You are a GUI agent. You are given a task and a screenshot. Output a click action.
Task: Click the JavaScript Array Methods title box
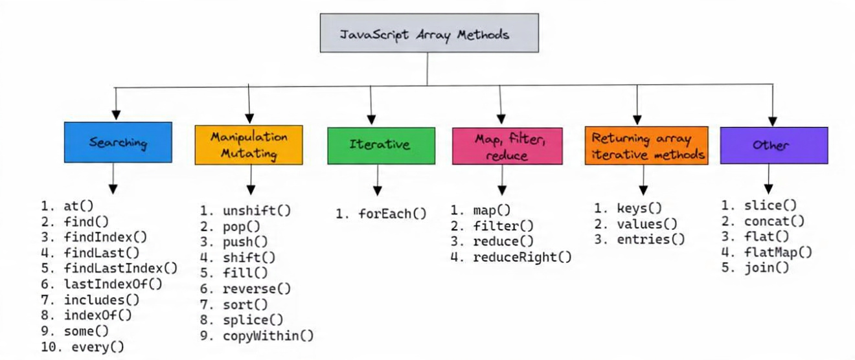click(428, 33)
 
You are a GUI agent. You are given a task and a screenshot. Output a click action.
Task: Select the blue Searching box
click(118, 142)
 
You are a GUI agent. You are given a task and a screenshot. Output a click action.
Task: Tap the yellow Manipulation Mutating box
click(249, 145)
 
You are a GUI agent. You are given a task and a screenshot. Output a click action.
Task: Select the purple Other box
click(773, 145)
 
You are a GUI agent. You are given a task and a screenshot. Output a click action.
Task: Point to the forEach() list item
click(391, 213)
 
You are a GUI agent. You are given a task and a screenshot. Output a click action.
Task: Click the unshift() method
click(256, 210)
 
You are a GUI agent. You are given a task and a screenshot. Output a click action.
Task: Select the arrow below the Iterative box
click(377, 179)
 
